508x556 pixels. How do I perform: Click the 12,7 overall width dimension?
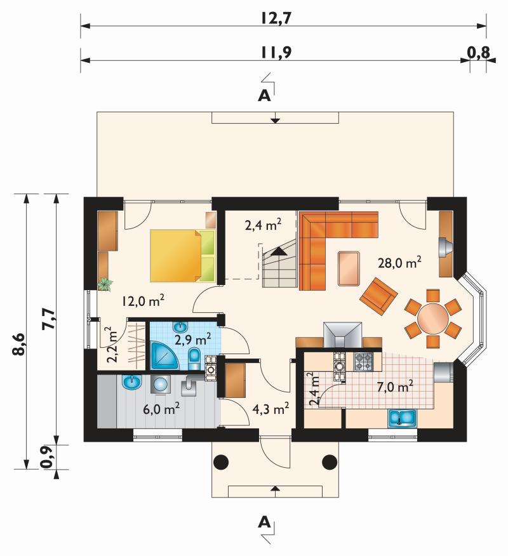tap(276, 18)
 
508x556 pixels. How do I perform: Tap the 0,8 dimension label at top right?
tap(478, 53)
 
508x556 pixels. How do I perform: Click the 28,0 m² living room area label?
tap(400, 263)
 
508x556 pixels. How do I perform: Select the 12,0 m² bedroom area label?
tap(143, 301)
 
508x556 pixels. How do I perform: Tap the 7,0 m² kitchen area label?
tap(395, 387)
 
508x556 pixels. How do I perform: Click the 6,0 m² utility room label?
tap(161, 409)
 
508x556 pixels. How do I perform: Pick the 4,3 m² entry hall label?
tap(271, 409)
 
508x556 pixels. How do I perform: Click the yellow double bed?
tap(183, 256)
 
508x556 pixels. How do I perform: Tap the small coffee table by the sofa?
tap(349, 268)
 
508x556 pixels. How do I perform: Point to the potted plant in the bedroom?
tap(105, 284)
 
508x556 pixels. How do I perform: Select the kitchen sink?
tap(403, 418)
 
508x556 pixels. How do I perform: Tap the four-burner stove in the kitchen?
tap(364, 362)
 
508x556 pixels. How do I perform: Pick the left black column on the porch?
tap(221, 461)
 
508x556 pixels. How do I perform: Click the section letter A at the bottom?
tap(264, 522)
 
